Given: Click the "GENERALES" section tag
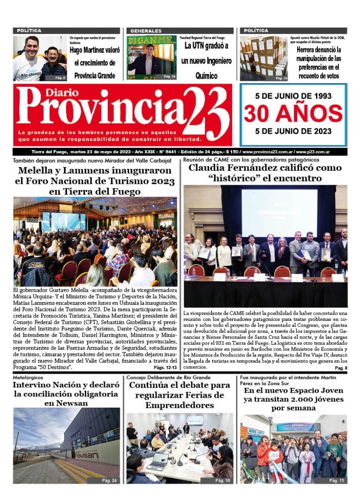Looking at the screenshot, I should [x=146, y=31].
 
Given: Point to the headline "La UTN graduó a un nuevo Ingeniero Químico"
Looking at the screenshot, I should [x=206, y=61].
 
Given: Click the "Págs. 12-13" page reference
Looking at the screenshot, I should [x=165, y=368].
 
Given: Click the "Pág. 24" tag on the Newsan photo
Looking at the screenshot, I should [x=111, y=481].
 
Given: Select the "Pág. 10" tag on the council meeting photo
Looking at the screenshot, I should [x=223, y=481].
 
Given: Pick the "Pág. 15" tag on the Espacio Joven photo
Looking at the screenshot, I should [x=337, y=481].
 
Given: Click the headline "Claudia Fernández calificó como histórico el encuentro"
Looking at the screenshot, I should [x=265, y=173].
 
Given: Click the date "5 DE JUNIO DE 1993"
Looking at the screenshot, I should [x=293, y=96].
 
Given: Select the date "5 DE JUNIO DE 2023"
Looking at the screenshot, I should [x=293, y=131].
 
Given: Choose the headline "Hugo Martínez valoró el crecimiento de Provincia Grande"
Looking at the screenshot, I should [x=95, y=62].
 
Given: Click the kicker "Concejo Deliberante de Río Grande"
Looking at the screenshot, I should [x=168, y=377].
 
